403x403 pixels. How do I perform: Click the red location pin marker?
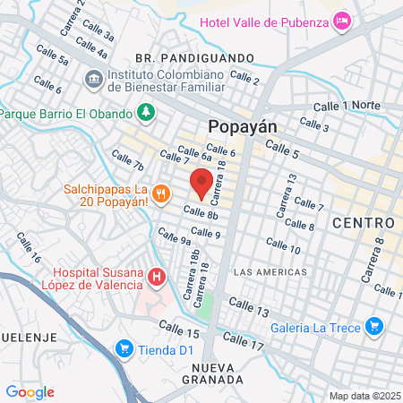(x=201, y=183)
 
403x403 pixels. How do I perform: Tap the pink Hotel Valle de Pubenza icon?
(x=340, y=20)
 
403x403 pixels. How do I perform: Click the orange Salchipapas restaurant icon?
(x=161, y=192)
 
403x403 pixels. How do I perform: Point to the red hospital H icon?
(x=157, y=277)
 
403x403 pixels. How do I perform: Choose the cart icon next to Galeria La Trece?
(x=374, y=328)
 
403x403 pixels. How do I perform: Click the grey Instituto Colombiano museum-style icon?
(x=94, y=79)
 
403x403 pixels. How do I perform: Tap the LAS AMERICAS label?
(x=269, y=271)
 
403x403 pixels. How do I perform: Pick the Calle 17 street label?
(x=244, y=341)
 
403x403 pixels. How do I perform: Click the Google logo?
(x=30, y=391)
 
